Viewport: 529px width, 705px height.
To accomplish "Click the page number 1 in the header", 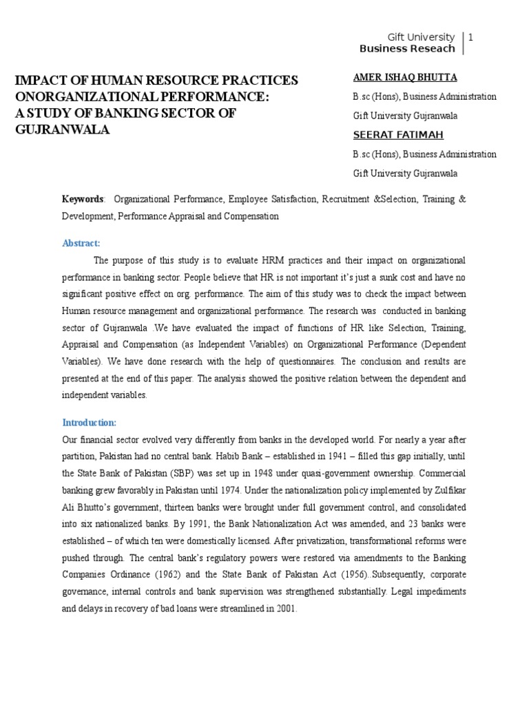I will pos(471,37).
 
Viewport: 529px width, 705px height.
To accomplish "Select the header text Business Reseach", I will pos(407,49).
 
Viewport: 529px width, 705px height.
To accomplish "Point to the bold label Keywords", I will pos(83,199).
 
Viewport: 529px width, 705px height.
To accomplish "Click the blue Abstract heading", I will pos(81,243).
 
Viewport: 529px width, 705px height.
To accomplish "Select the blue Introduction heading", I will pos(90,422).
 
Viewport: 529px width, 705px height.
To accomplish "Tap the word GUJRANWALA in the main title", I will pos(63,129).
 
